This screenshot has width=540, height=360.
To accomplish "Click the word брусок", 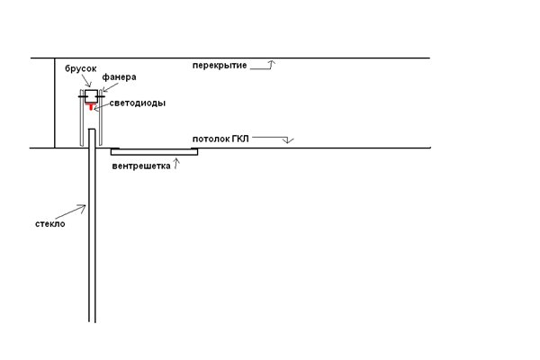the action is coord(81,69).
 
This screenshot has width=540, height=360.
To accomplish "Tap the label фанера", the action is coord(119,77).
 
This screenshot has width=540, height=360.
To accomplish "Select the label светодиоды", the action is coord(138,103).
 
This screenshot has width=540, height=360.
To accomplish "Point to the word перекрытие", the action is coord(220,66).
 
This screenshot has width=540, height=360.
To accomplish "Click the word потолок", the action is coord(211,139).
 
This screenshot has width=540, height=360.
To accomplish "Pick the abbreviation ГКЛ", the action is coord(240,139).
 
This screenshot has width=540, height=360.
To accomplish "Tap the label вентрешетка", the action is coord(141,166).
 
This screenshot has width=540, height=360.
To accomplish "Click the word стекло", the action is coord(49,224).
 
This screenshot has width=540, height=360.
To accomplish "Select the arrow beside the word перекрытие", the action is coord(263,66).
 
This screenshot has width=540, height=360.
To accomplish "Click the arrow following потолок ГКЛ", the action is coord(273,139).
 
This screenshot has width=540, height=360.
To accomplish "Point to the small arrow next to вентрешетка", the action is coord(176,164).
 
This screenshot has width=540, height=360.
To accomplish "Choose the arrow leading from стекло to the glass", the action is coord(70,211).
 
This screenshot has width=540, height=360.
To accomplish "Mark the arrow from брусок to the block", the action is coord(86,81).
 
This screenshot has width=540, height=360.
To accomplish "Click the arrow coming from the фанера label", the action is coord(110,87).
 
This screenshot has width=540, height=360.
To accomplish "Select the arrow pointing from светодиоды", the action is coord(102,106).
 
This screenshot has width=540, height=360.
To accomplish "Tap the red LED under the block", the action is coord(91,106).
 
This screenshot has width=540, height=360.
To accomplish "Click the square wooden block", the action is coord(92,96).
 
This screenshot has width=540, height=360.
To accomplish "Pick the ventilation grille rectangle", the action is coord(154,152).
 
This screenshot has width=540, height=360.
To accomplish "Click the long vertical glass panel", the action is coord(92,226).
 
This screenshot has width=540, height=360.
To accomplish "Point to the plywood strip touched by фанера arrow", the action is coord(101,118).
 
